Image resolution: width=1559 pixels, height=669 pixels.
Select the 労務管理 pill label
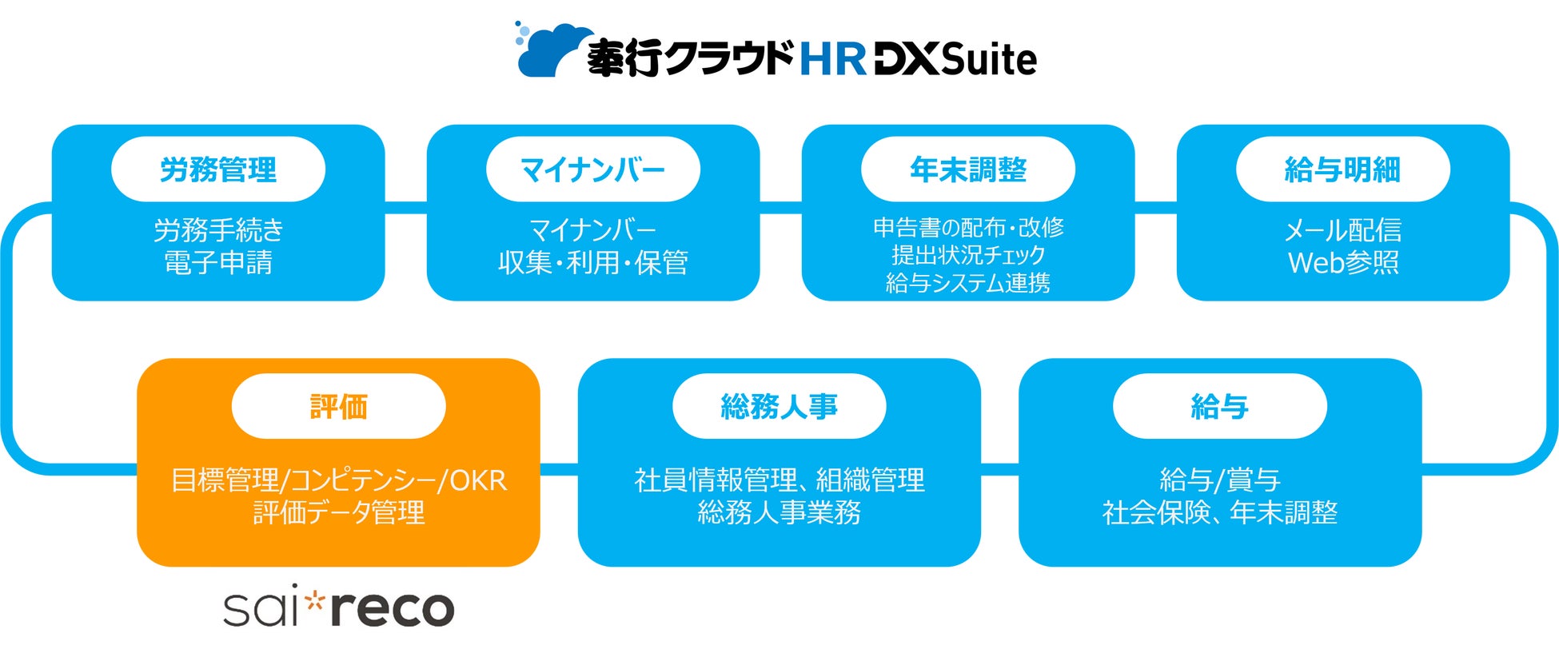(218, 169)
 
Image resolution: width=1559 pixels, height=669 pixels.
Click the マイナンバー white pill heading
(592, 169)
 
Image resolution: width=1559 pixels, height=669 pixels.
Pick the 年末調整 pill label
(967, 169)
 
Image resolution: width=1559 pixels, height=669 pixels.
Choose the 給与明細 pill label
(1342, 169)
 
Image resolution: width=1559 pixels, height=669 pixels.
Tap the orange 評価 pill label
(338, 407)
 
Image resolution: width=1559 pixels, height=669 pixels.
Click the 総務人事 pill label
(779, 407)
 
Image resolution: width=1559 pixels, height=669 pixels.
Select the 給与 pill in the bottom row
(1219, 407)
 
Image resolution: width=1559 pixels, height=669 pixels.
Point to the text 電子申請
(218, 263)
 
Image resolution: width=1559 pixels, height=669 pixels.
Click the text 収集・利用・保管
(592, 263)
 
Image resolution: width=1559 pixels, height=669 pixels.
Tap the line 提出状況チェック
(967, 255)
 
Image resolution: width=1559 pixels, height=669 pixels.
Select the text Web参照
(1343, 263)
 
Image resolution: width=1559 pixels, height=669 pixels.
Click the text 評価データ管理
(338, 512)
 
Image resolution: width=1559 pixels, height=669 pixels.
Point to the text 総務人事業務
(779, 512)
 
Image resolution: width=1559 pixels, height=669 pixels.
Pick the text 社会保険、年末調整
(1219, 512)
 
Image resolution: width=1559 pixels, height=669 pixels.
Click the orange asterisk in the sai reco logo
(315, 599)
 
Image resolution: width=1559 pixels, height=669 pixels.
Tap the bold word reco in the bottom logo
(392, 610)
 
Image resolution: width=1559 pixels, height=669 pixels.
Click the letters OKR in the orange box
(477, 480)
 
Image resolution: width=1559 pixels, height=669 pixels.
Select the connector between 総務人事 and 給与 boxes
(999, 464)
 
